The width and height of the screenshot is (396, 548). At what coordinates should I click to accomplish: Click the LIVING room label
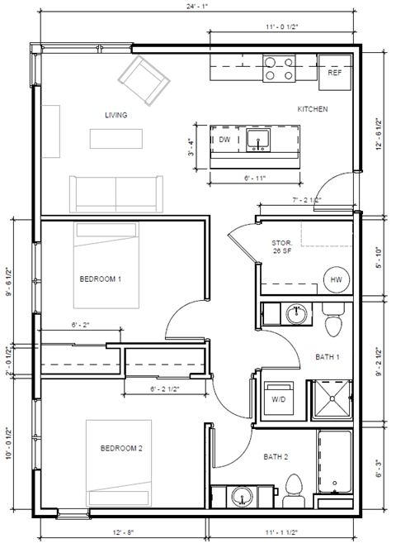coord(115,115)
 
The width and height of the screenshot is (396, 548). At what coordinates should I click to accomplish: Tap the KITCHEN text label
coord(313,109)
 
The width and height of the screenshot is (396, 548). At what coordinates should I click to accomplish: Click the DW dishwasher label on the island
coord(224,141)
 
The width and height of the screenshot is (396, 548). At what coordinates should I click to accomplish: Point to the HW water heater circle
coord(336,279)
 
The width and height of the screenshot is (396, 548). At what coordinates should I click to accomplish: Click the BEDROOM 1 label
coord(101,279)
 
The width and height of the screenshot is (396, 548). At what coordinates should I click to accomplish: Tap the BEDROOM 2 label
coord(121,449)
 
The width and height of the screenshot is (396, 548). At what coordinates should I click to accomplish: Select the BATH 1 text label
coord(328,357)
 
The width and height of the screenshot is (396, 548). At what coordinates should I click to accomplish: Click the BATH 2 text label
coord(275,456)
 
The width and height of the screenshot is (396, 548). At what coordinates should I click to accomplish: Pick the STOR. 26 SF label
coord(282,247)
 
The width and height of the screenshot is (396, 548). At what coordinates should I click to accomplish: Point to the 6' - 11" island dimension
coord(257,178)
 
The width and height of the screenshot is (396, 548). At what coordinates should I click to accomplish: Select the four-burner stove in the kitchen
coord(280,69)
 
